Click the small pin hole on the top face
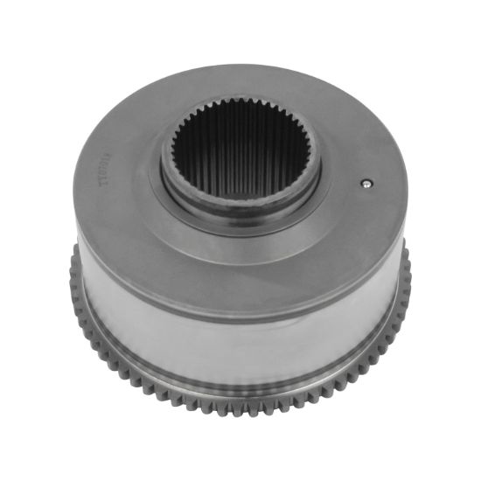pyautogui.click(x=368, y=184)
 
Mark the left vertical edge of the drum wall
pyautogui.click(x=80, y=289)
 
